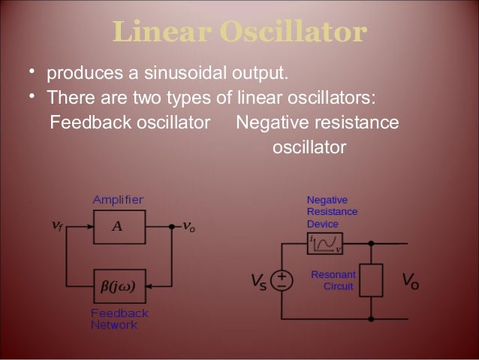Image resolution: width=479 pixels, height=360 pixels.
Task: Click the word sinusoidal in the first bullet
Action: pos(193,74)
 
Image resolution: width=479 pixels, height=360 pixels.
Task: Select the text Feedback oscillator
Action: pos(128,123)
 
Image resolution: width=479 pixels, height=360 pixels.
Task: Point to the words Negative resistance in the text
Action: pos(317,123)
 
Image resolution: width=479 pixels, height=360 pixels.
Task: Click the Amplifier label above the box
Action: pos(118,199)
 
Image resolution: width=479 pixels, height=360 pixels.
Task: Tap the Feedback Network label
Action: pos(119,319)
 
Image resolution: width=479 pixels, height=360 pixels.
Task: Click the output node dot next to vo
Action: pos(172,226)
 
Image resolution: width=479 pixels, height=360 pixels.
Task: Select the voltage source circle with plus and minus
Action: pos(282,280)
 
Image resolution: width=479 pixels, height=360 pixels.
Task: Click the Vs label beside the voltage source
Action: pos(258,282)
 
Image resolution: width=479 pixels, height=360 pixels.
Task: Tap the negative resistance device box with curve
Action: pos(325,243)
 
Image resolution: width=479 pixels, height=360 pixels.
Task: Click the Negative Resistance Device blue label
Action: pos(332,212)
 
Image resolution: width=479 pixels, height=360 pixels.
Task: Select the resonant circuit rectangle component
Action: pos(372,280)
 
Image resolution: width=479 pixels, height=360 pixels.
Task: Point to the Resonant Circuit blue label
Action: pos(332,280)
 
